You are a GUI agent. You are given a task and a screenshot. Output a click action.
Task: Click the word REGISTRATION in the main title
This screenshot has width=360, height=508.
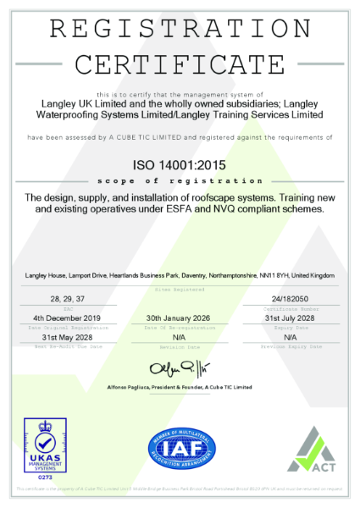(180, 27)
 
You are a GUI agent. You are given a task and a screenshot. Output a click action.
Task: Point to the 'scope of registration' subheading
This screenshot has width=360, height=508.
(180, 180)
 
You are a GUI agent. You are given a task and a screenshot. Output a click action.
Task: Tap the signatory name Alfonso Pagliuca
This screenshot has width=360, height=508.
(141, 386)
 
